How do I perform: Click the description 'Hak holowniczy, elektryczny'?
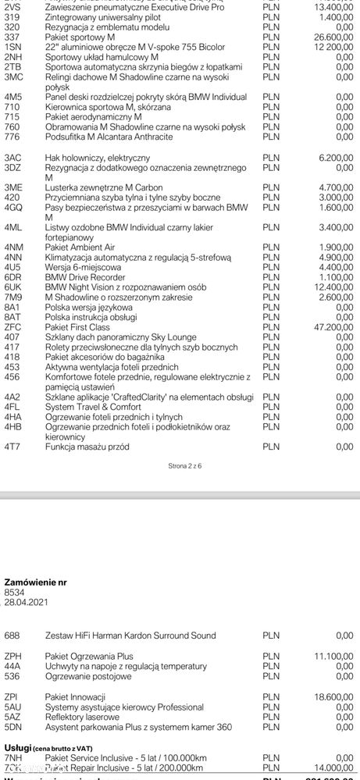tap(97, 157)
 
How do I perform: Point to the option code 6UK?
tap(13, 287)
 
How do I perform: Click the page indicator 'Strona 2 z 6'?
tap(184, 465)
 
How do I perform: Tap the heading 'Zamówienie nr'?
tap(36, 582)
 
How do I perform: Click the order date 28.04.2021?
tap(26, 602)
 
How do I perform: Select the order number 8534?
tap(15, 592)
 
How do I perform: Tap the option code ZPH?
tap(13, 656)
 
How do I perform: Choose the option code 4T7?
tap(12, 447)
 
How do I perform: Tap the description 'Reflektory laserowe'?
tap(82, 716)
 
